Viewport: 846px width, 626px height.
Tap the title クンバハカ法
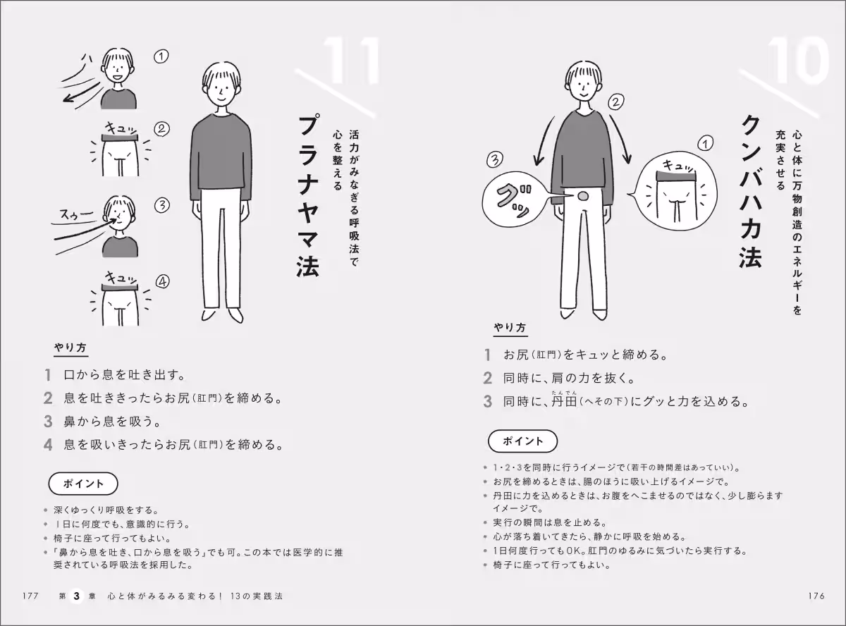point(750,191)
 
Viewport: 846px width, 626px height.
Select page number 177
point(29,596)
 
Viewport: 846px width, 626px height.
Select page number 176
point(816,596)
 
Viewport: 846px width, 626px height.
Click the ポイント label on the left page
point(83,484)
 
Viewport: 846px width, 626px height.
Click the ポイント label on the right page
point(522,441)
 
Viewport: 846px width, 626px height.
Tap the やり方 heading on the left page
point(71,348)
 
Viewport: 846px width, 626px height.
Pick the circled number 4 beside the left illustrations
point(162,282)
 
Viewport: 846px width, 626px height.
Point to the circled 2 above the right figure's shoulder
point(615,102)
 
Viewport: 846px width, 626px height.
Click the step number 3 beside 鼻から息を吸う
point(48,422)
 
